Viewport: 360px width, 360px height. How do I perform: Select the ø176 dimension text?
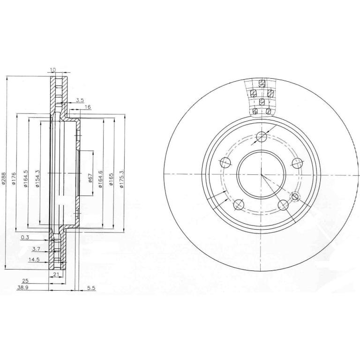[14, 179]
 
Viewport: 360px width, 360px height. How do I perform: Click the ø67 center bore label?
[90, 178]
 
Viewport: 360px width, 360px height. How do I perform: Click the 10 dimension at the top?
[53, 69]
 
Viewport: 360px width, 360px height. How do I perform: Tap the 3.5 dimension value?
[80, 100]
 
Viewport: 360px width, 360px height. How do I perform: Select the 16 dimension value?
[88, 107]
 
